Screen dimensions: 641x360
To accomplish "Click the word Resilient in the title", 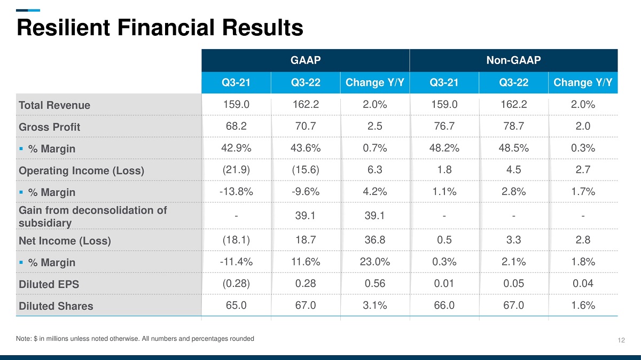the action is [x=63, y=27].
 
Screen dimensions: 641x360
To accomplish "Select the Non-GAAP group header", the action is [x=514, y=60].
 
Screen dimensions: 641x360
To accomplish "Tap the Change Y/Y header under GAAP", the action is [x=375, y=82].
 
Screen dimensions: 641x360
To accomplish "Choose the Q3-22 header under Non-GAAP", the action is [x=514, y=82].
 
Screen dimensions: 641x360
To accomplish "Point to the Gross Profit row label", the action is [x=49, y=127].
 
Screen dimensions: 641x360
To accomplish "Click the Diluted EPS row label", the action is [x=49, y=284].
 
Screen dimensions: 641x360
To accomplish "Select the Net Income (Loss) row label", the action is [x=65, y=241].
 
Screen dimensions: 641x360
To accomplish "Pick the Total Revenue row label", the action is [x=54, y=105].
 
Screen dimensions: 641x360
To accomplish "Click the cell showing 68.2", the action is [x=236, y=126].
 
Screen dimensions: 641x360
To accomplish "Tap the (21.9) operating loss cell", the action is [x=236, y=169].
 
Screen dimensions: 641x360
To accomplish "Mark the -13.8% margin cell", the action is [x=236, y=191].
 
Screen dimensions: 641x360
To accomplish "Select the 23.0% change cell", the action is [x=375, y=262].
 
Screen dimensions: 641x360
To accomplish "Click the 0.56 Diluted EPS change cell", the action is [x=375, y=283].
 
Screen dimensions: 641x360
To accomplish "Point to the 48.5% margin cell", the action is [x=514, y=147].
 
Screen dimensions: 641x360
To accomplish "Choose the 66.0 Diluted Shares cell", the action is [x=444, y=305].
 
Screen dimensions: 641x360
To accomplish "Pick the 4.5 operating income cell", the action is [x=514, y=169].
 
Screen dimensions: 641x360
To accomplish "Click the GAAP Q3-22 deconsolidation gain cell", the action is [x=306, y=215].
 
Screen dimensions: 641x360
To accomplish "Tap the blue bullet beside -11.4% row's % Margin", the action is [x=21, y=262].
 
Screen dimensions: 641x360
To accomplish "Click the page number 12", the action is [x=621, y=340].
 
